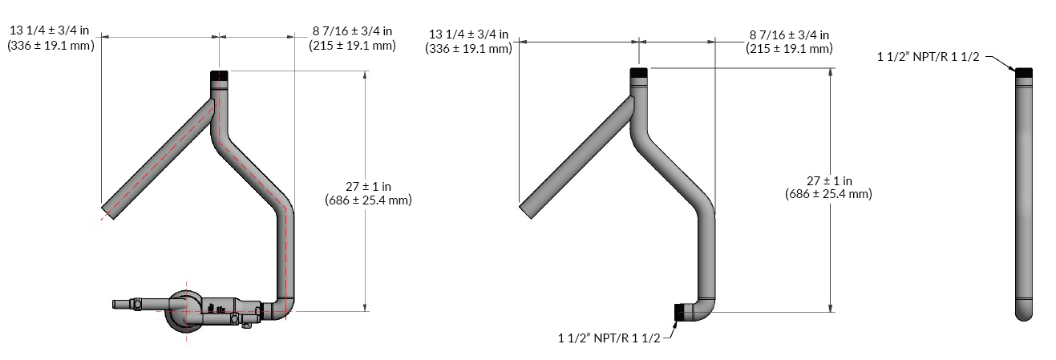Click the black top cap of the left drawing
coord(220,78)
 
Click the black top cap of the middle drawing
coord(638,73)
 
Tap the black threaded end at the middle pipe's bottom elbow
coord(680,312)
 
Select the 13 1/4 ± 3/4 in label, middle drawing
coord(469,34)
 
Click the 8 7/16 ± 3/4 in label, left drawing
coord(352,31)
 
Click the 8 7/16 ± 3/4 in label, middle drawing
coord(790,34)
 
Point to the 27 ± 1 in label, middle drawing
coord(829,180)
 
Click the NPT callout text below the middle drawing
coord(609,339)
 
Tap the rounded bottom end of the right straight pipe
coord(1023,313)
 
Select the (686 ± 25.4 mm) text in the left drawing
coord(368,200)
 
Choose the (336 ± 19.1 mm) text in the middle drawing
coord(469,49)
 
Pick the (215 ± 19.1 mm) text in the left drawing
coord(352,46)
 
